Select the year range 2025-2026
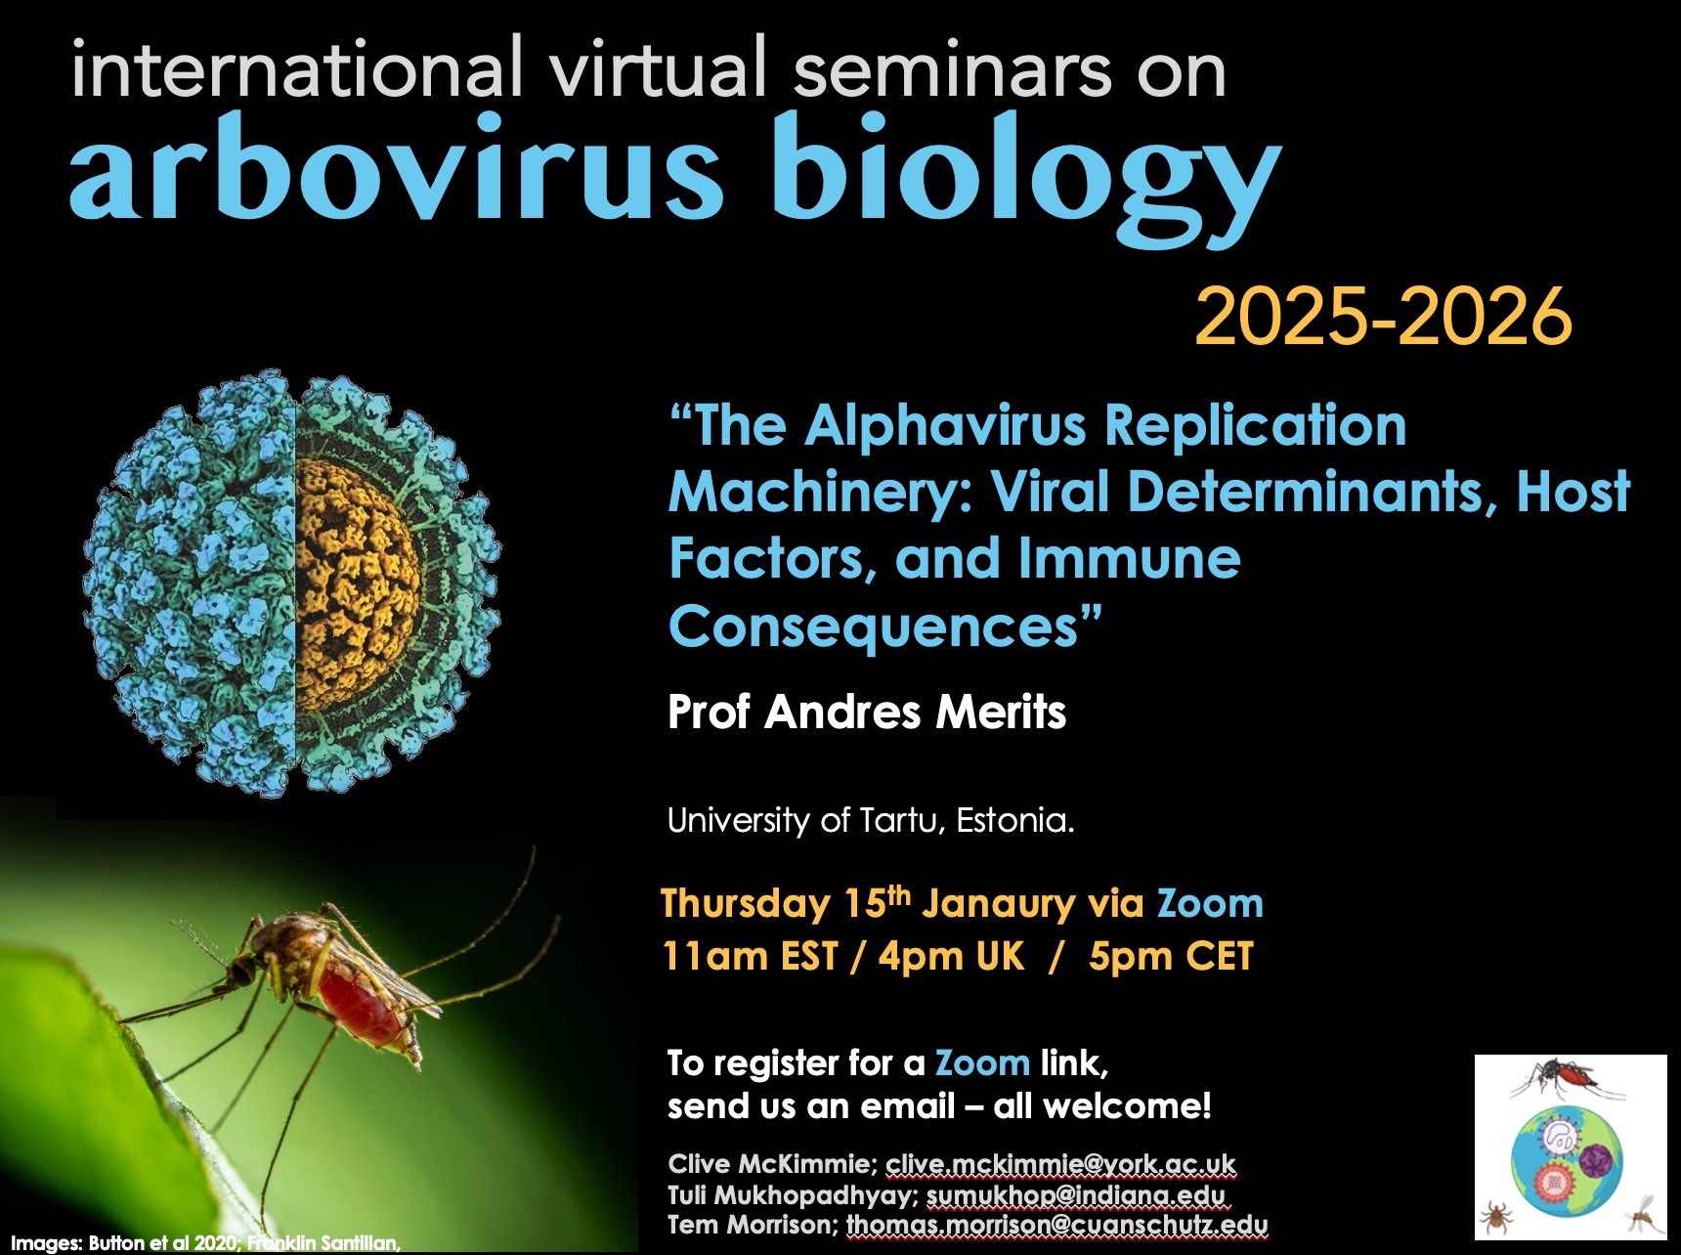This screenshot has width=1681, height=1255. tap(1383, 317)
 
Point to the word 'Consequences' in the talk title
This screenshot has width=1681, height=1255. tap(874, 627)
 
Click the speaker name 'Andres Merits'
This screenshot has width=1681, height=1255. tap(916, 712)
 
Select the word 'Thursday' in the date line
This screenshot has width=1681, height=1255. tap(745, 904)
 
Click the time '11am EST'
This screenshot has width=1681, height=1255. tap(751, 957)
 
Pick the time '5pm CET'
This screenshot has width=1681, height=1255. tap(1171, 957)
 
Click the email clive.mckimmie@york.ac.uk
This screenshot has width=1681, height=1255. tap(1060, 1164)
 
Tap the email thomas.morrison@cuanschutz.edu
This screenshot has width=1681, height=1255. tap(1056, 1225)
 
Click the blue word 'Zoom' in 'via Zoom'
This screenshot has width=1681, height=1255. tap(1210, 904)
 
